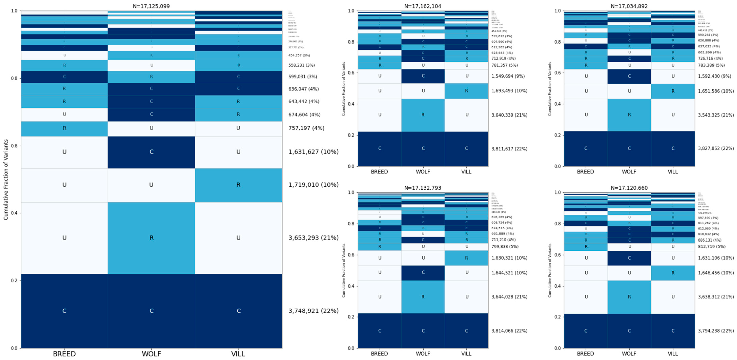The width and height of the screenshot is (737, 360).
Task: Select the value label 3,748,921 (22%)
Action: click(313, 311)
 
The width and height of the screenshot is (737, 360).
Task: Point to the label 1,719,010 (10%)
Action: click(313, 185)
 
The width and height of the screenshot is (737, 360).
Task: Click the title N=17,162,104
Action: click(423, 6)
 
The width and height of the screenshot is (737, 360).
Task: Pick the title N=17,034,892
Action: click(629, 6)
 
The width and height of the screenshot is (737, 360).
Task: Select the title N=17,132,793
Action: click(423, 188)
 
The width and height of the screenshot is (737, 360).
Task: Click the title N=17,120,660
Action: click(629, 188)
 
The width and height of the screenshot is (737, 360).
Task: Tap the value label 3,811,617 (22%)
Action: click(509, 149)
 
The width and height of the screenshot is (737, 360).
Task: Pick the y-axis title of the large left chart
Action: click(6, 179)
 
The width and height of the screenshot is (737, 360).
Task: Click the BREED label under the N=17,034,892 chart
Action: click(585, 172)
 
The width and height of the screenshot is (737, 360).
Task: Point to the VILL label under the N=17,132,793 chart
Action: click(466, 354)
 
